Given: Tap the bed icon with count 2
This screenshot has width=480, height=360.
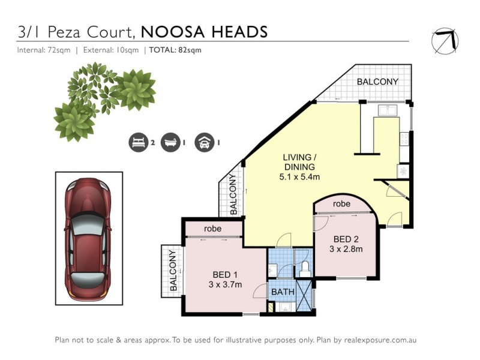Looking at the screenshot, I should point(137,143).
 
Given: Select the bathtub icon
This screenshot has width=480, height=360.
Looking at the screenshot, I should point(170,143).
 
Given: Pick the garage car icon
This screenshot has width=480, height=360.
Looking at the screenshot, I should point(204,143).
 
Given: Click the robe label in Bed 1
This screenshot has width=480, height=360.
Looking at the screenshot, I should point(213,229).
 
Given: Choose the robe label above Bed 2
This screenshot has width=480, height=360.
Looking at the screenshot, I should point(343,203).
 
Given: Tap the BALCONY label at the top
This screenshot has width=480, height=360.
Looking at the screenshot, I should point(377,82).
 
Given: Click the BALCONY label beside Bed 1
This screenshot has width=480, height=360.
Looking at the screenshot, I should point(173,271).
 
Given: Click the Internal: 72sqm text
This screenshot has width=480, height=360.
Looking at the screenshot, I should point(42,50).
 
